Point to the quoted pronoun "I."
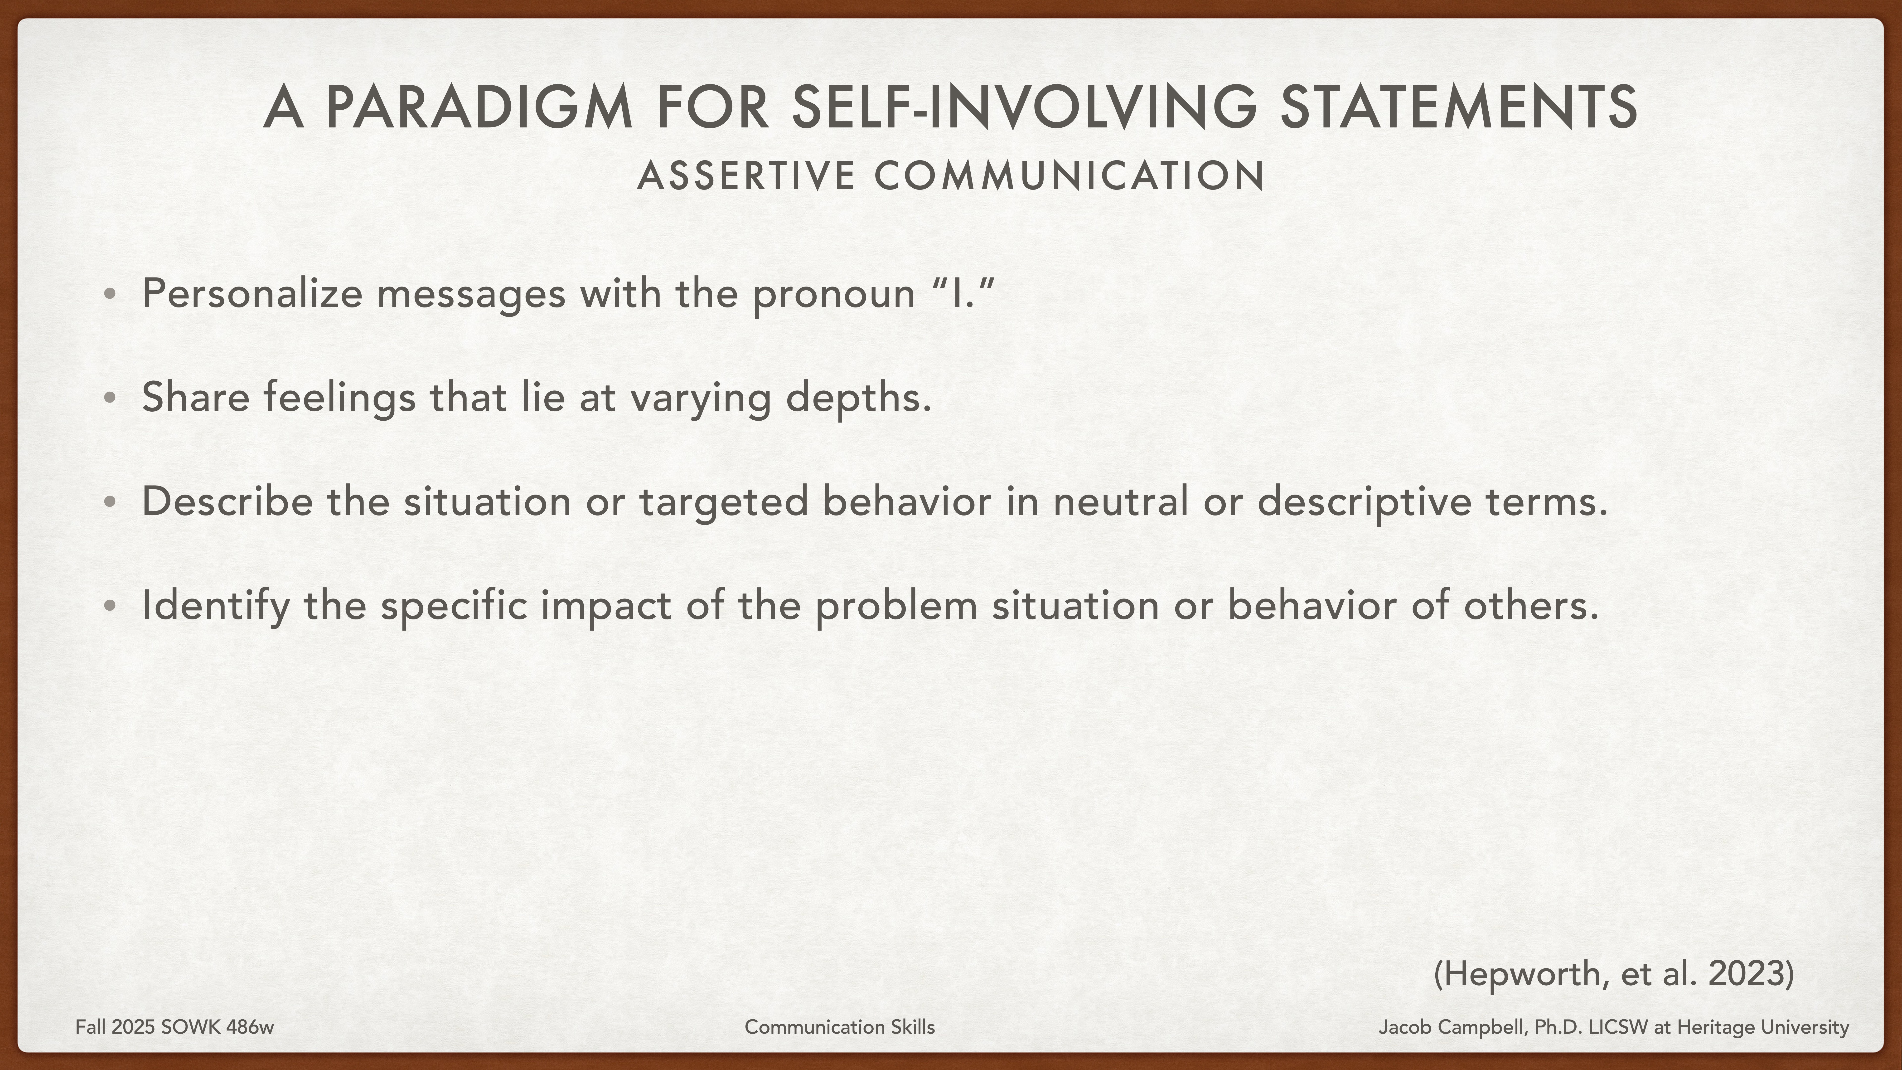[963, 293]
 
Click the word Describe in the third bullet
[227, 501]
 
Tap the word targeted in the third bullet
[724, 501]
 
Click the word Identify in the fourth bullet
[216, 606]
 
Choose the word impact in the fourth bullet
[605, 606]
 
